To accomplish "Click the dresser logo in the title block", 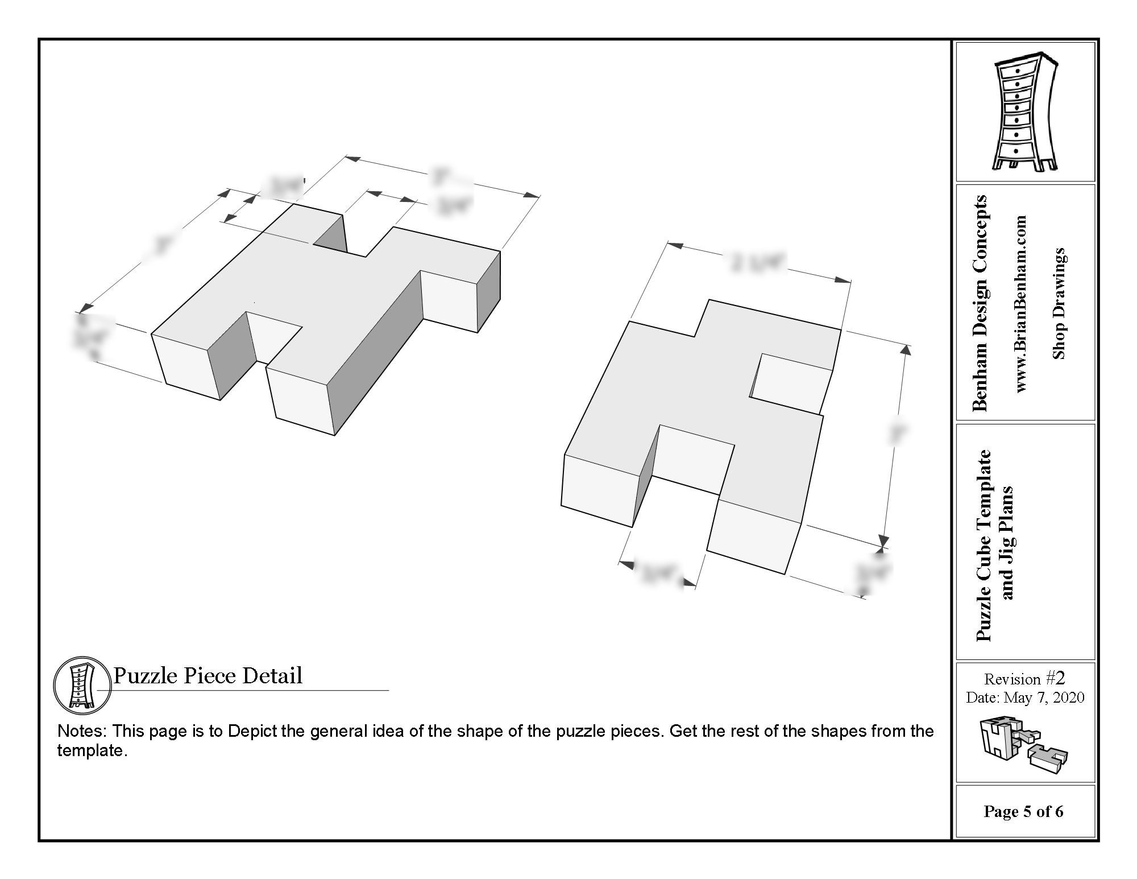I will tap(1025, 112).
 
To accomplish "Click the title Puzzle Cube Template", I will tap(984, 545).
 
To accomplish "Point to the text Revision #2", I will tap(1024, 679).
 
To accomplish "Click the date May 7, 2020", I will tap(1044, 698).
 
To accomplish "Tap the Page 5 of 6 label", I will tap(1023, 811).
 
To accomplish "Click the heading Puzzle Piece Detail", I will tap(208, 676).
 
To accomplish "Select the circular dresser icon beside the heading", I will tap(82, 684).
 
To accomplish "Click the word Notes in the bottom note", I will tap(81, 731).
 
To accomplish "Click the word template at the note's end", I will tap(90, 751).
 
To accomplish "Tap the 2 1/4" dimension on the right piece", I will tap(756, 263).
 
